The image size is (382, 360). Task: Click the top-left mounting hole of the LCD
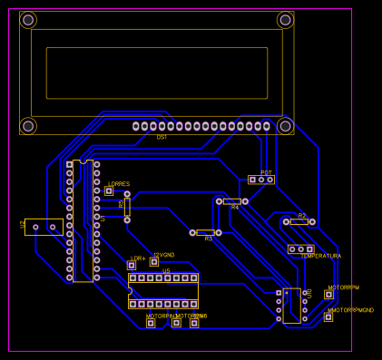point(28,20)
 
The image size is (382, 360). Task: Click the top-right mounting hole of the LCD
point(285,20)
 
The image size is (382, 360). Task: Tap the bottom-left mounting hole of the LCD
point(28,126)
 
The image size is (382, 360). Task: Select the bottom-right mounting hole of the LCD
point(285,126)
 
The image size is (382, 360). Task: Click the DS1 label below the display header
point(162,137)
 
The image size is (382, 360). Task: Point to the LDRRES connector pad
point(109,190)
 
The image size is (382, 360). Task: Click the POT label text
point(266,172)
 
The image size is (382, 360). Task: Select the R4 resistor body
point(232,201)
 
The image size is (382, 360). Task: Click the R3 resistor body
point(206,233)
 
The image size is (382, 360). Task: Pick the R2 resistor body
point(299,221)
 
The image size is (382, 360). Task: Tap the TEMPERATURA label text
point(320,257)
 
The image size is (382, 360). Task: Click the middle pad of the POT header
point(261,180)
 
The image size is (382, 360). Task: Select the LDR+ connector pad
point(132,266)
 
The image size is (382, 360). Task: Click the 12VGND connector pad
point(154,262)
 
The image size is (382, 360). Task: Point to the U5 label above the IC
point(166,271)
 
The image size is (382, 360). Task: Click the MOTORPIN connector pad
point(151,323)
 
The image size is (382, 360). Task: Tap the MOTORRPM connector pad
point(329,295)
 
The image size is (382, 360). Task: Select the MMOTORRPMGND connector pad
point(328,316)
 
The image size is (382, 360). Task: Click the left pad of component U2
point(35,227)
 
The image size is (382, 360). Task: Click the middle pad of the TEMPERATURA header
point(300,248)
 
